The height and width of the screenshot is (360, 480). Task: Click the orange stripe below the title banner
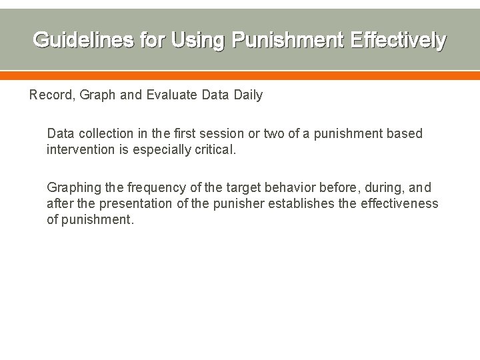240,76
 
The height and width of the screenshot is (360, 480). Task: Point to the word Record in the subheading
51,95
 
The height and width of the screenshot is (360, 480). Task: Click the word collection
105,133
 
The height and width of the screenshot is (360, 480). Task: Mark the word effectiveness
398,203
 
